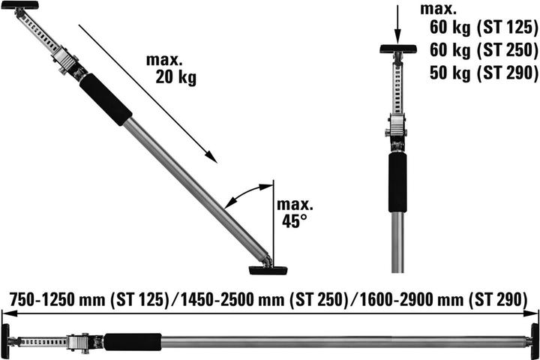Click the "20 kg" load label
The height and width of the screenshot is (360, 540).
[x=176, y=76]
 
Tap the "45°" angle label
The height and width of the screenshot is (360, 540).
[x=294, y=220]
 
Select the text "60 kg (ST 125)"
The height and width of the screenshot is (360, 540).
[x=484, y=27]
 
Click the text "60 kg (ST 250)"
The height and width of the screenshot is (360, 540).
[x=484, y=50]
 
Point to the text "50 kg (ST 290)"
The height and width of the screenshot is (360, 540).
[x=484, y=73]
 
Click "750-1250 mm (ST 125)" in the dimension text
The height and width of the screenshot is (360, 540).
[x=88, y=299]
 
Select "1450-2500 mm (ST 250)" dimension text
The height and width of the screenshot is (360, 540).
[x=265, y=299]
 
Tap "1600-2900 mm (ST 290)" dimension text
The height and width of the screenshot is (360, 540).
[x=443, y=299]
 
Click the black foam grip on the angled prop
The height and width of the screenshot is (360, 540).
[x=106, y=99]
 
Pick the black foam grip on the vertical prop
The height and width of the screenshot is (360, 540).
[x=397, y=182]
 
